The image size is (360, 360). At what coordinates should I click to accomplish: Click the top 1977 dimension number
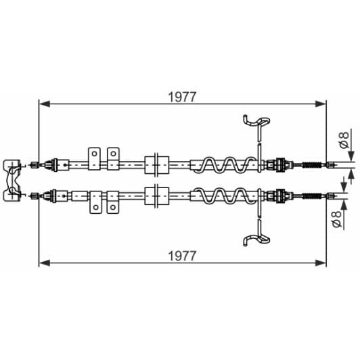tap(182, 97)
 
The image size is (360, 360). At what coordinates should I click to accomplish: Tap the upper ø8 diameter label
tap(344, 141)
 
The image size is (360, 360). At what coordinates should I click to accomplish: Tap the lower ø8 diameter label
tap(344, 217)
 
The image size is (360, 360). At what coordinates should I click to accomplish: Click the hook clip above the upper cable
tap(256, 122)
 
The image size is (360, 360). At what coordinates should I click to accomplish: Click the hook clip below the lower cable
tap(256, 237)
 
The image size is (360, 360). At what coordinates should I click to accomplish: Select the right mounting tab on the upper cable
tap(113, 156)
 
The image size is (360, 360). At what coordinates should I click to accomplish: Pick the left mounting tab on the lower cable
tap(95, 201)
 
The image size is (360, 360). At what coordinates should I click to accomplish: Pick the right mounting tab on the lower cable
tap(113, 201)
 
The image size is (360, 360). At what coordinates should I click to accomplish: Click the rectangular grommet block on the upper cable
tap(156, 164)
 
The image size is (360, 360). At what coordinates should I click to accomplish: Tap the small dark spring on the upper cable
tap(311, 164)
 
